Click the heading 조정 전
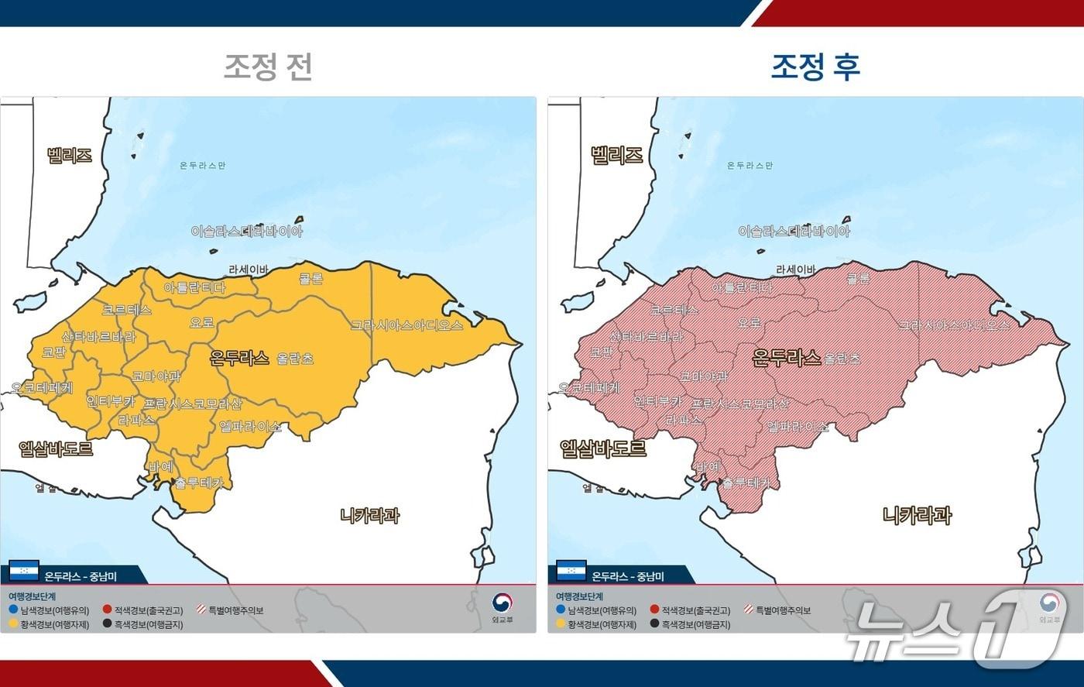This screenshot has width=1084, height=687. (x=268, y=67)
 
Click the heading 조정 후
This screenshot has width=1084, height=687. (x=815, y=67)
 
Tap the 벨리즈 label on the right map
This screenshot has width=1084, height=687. (x=616, y=155)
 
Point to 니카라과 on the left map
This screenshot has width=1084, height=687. (x=370, y=515)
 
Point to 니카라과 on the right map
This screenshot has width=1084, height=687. (x=918, y=515)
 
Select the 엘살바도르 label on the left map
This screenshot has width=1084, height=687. (x=56, y=448)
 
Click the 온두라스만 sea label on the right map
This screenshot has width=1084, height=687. (x=750, y=166)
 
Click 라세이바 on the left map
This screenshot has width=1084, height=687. (x=249, y=270)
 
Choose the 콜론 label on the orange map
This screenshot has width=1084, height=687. (x=310, y=279)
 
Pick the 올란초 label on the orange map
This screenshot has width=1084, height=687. (x=297, y=359)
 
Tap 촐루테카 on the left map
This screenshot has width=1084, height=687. (x=198, y=483)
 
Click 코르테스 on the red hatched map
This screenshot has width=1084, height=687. (x=674, y=310)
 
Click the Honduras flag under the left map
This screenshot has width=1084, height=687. (x=24, y=572)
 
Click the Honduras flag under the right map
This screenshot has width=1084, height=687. (x=571, y=572)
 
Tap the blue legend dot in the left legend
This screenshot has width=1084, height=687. (x=14, y=610)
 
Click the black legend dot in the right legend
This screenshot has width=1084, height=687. (x=655, y=624)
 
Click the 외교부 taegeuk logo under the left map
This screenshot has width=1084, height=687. (x=503, y=602)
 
